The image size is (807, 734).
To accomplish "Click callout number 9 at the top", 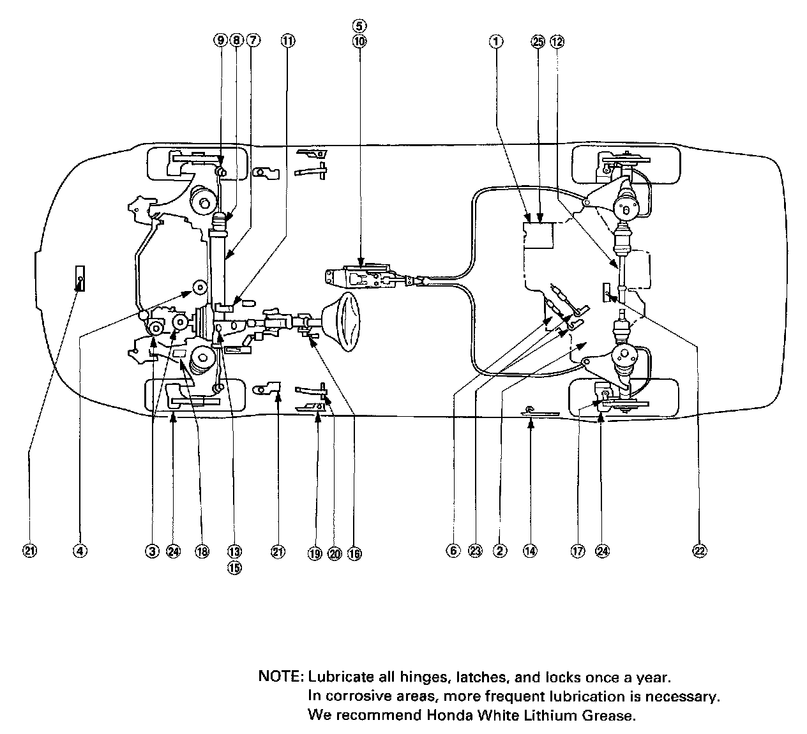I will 220,41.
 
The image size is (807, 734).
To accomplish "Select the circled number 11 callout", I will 288,41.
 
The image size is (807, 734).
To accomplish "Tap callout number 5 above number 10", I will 359,26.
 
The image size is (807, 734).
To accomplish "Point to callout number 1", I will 496,41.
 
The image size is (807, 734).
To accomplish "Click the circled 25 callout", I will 538,41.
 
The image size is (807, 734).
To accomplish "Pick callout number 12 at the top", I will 557,41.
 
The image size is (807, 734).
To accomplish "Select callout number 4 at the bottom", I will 80,551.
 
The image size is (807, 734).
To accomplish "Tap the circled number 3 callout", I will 151,551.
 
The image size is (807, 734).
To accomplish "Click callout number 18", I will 202,551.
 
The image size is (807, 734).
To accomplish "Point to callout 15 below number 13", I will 234,567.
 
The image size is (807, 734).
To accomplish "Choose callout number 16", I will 354,553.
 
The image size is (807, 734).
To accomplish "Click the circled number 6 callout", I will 453,551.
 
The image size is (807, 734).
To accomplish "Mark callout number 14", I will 530,551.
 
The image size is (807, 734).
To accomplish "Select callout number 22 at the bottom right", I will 700,551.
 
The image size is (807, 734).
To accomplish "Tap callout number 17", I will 578,551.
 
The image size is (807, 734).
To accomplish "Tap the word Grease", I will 608,715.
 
